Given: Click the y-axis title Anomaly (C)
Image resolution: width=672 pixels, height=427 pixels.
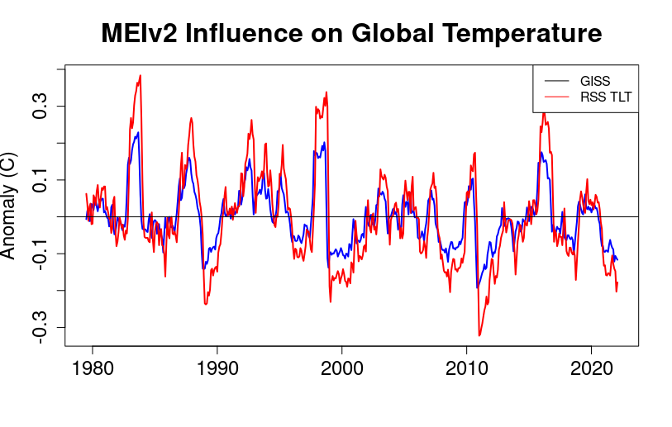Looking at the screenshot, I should pyautogui.click(x=9, y=205).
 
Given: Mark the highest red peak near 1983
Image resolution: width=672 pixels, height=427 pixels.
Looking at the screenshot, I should pyautogui.click(x=141, y=75).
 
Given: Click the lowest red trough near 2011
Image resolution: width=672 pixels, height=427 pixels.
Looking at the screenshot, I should pyautogui.click(x=479, y=334).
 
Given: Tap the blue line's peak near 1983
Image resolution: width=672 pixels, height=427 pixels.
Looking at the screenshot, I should pyautogui.click(x=138, y=132).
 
